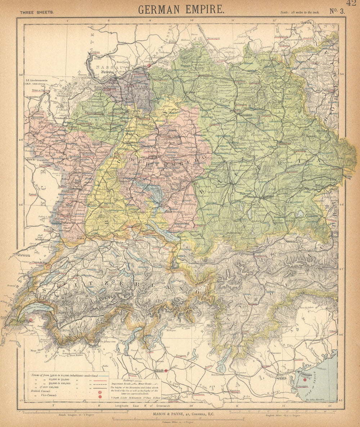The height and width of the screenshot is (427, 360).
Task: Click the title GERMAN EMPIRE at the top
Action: click(x=181, y=9)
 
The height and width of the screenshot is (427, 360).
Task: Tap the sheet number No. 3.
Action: click(x=337, y=10)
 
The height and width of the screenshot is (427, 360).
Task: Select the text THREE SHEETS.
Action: click(x=37, y=12)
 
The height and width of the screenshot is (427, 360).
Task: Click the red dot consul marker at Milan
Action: click(x=166, y=370)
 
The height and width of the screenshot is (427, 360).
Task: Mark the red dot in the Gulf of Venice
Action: click(x=305, y=379)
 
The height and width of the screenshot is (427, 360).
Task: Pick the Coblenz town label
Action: click(x=95, y=52)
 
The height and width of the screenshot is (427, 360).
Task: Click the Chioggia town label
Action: click(x=302, y=386)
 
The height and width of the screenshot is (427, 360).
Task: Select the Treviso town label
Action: click(x=298, y=359)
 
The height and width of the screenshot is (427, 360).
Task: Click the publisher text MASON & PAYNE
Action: click(x=181, y=414)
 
